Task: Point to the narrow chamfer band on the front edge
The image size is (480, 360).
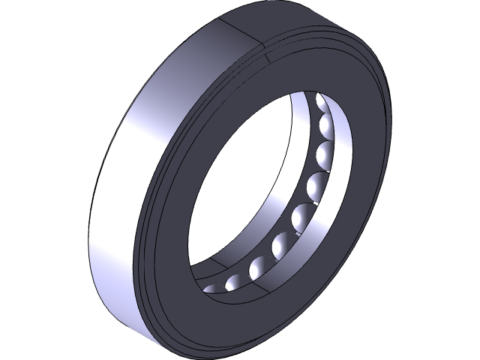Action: point(147,225)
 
